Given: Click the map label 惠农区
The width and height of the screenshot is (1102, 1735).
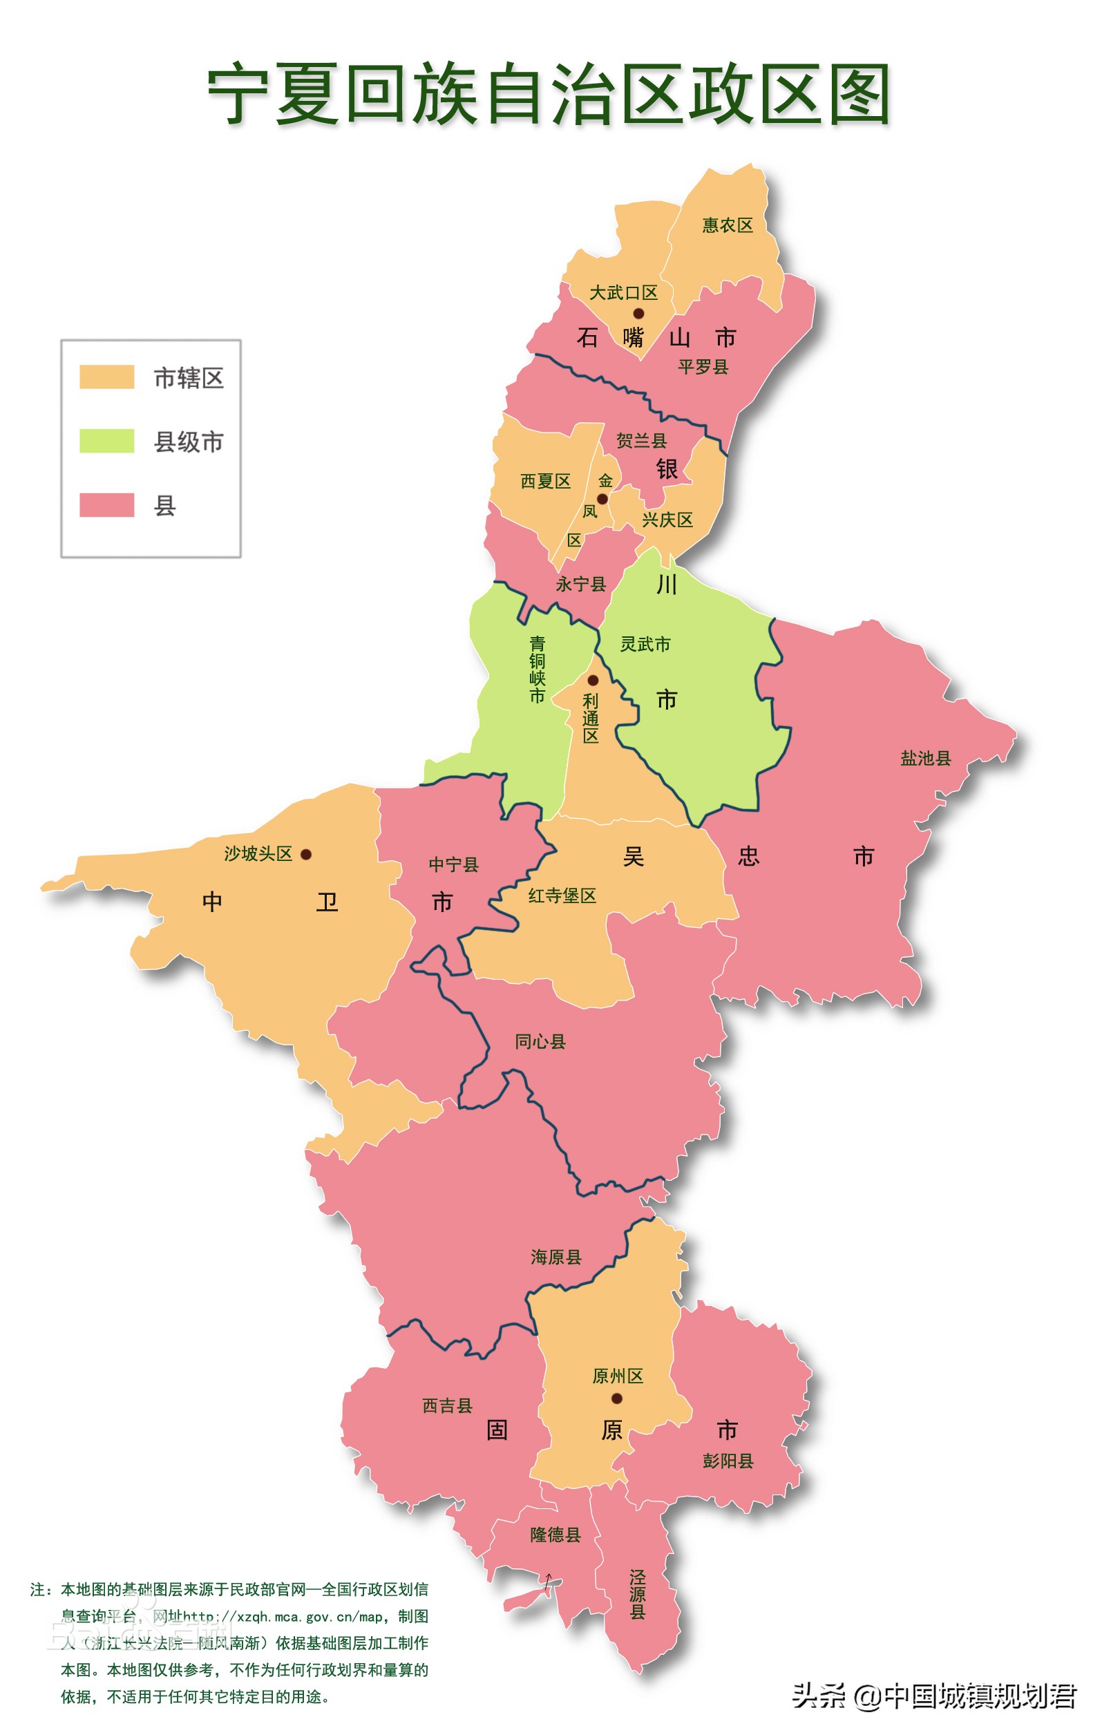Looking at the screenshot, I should pos(728,225).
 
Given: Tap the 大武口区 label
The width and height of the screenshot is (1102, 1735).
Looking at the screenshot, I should pos(624,293).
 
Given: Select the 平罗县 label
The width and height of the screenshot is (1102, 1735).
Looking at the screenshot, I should pos(703,367).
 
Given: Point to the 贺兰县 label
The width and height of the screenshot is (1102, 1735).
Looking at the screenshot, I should pos(641,440).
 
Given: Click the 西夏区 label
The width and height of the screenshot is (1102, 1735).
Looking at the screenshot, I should pos(545,482).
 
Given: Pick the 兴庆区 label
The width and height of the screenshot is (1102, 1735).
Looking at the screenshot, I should pos(667,520).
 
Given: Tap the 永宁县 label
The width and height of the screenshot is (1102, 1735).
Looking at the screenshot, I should pos(580,585).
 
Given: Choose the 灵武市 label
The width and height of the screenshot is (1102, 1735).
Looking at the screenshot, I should pos(645,644).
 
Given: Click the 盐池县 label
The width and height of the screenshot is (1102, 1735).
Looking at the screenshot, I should pos(926,758).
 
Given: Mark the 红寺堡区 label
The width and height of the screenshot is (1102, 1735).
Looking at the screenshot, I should pos(562,895).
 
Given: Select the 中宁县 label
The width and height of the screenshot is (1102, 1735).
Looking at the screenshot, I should pos(454,864).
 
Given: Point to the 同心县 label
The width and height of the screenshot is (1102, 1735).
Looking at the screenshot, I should pos(540,1041).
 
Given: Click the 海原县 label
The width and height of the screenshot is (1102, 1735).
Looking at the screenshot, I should pos(556,1258).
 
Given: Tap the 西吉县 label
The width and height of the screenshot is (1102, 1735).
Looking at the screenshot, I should pos(447,1405).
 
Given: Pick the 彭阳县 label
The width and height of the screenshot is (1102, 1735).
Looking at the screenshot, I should pos(728,1461).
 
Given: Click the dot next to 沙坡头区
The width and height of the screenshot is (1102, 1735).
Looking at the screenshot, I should pos(306,855).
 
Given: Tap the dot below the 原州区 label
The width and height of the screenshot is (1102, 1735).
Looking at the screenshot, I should pos(616,1399).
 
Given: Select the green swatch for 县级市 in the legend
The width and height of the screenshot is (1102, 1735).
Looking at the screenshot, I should pos(106,441).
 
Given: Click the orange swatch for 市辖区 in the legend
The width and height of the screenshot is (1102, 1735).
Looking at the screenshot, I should pos(106,377).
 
